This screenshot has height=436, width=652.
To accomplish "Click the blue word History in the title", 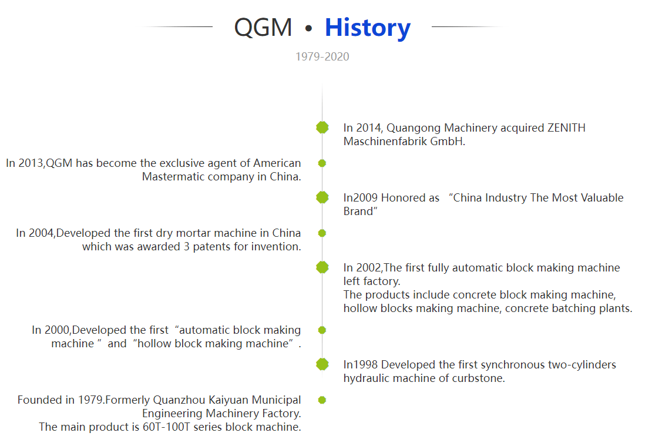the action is click(368, 28).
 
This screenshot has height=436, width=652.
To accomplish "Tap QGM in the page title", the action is click(263, 28).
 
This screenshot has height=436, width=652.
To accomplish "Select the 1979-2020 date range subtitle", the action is click(322, 56).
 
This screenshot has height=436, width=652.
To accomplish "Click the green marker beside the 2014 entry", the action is click(322, 128).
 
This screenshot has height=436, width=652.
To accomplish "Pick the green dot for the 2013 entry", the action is click(322, 163).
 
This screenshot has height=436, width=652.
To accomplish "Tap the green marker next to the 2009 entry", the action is click(322, 197).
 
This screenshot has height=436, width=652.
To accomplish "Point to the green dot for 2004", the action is click(322, 233).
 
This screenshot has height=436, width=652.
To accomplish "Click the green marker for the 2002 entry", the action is click(322, 267).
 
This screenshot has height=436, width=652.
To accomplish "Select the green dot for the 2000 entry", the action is click(322, 330).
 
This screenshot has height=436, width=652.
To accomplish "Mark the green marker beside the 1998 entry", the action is click(322, 364).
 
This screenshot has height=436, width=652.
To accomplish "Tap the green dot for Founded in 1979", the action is click(322, 400).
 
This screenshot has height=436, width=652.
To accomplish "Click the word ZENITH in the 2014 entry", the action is click(566, 128).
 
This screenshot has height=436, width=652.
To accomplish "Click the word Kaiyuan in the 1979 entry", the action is click(228, 400).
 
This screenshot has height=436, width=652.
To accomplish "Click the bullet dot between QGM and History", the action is click(308, 28).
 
